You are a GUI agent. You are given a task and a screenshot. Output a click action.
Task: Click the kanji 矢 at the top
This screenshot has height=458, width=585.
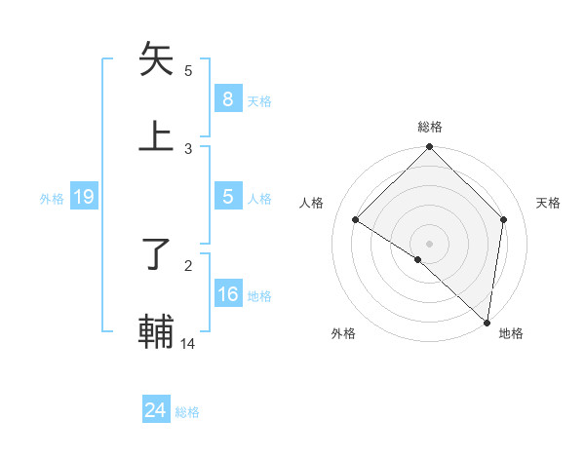tap(157, 59)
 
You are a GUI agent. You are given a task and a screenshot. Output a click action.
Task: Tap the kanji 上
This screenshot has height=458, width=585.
tap(157, 135)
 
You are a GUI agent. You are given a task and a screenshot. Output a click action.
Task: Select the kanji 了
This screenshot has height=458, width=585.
tap(157, 254)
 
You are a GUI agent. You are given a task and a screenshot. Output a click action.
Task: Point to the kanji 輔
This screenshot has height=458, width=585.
tap(157, 330)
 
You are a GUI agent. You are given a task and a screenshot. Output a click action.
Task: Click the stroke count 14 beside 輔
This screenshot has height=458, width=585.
tap(188, 343)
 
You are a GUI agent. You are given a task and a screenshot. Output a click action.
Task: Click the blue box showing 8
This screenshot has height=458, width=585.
tap(227, 99)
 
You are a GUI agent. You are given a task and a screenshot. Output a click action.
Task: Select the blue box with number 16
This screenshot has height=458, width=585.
tap(227, 295)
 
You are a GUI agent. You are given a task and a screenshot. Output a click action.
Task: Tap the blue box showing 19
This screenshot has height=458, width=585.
tap(83, 198)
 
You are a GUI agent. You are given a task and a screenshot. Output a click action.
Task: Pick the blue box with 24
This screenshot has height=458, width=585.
tap(155, 411)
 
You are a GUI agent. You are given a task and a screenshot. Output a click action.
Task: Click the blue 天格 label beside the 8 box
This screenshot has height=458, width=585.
tap(259, 101)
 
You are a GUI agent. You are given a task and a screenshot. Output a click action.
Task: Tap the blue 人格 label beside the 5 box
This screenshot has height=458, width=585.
tap(259, 199)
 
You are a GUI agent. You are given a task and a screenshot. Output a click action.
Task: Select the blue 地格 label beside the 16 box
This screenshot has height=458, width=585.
tap(259, 296)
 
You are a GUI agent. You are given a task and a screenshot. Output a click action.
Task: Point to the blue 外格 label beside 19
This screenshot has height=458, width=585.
tap(52, 199)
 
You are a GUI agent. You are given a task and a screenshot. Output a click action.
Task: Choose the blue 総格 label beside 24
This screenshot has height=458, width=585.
tap(187, 412)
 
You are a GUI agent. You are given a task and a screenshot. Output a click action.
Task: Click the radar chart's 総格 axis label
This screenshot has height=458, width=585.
tap(430, 127)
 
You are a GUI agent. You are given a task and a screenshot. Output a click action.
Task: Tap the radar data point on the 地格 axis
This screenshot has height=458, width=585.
tap(487, 322)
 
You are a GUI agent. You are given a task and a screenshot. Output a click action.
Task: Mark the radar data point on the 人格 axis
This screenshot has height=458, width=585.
tap(356, 220)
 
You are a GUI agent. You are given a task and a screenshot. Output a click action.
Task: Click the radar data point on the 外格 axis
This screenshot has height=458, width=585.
tap(418, 259)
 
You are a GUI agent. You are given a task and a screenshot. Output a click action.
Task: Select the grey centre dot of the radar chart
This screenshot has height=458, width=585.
tap(430, 244)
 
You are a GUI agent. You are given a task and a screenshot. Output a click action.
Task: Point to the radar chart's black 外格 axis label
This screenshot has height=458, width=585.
tap(343, 333)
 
